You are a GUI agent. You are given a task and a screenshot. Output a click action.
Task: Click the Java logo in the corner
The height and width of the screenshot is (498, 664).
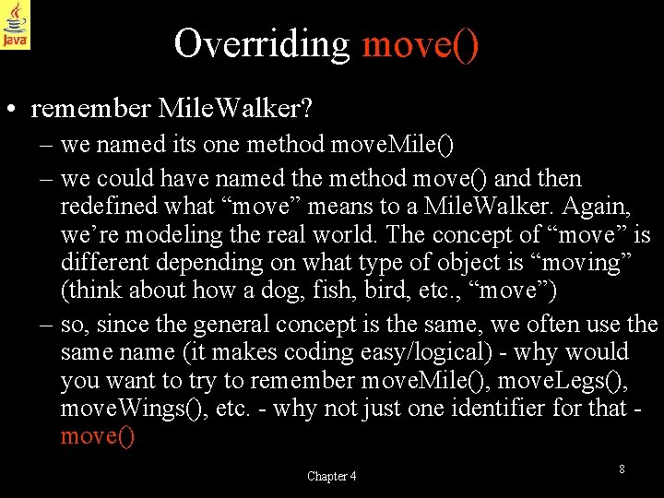tap(16, 25)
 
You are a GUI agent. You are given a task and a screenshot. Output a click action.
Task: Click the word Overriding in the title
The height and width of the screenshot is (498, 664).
tap(261, 43)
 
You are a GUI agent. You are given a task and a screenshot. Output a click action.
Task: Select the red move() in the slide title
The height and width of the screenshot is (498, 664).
tap(421, 43)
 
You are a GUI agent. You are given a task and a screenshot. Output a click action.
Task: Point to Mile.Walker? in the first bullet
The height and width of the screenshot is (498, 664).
tap(235, 109)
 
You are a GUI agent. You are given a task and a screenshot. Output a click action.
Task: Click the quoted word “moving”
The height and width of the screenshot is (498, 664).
tap(586, 262)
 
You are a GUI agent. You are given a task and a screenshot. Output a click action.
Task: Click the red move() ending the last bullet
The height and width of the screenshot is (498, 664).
tap(97, 435)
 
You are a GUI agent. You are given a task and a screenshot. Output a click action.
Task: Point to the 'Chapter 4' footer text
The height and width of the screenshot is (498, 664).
tap(332, 476)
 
